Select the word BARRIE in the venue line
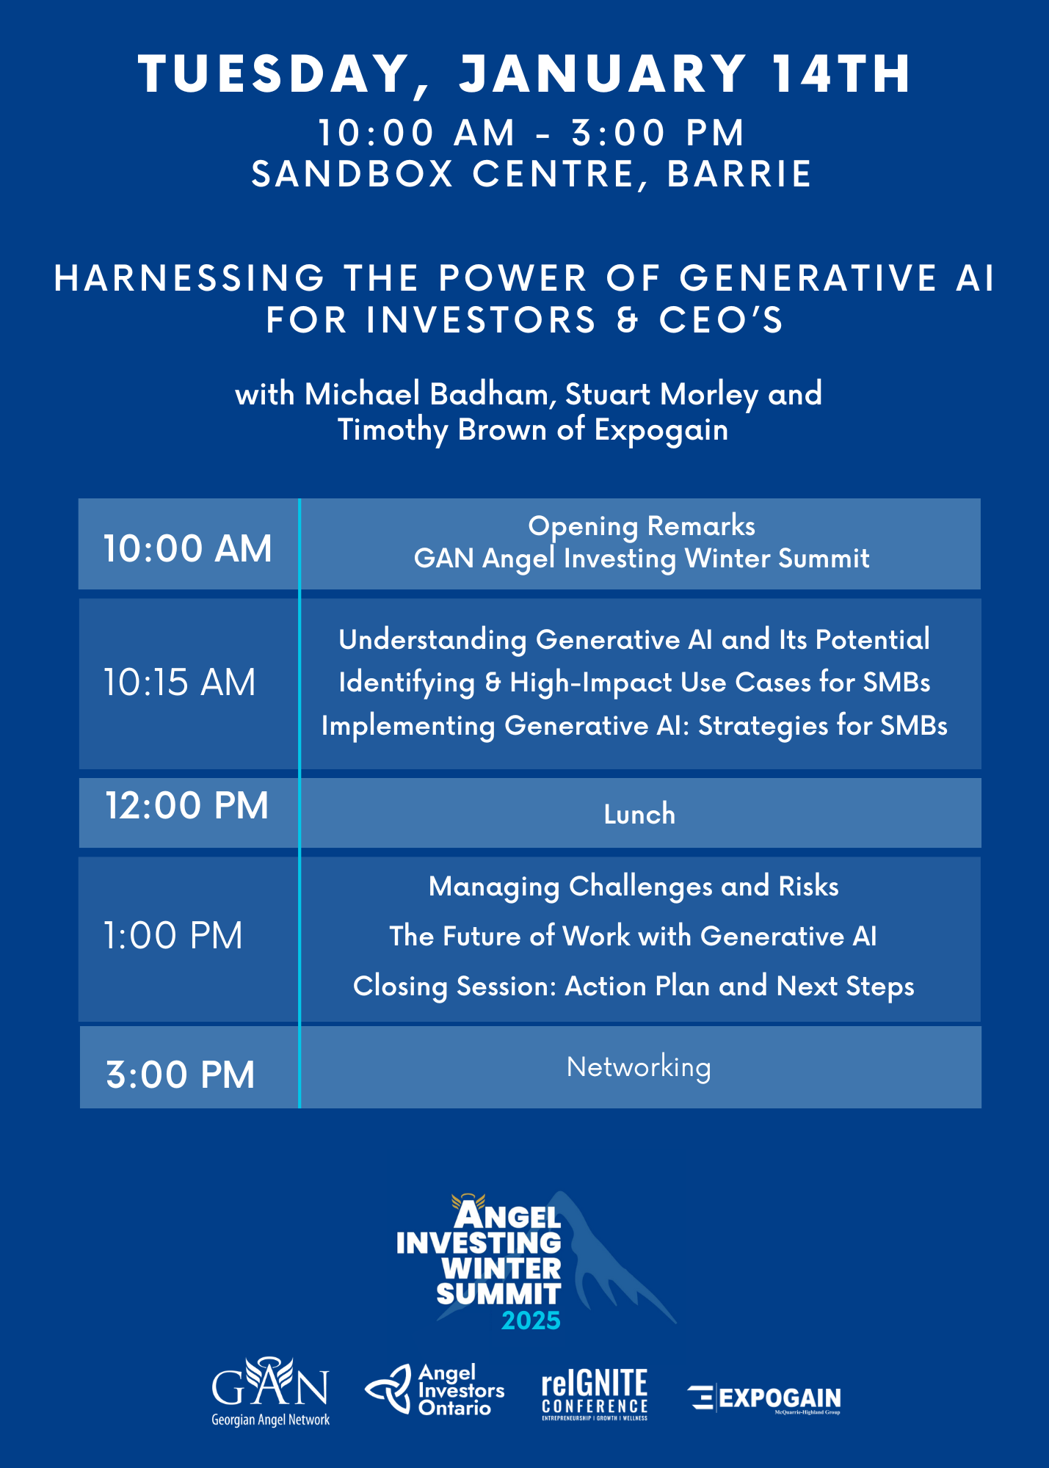pos(739,175)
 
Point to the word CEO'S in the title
pos(722,320)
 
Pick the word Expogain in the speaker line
pos(661,430)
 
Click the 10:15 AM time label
pos(179,683)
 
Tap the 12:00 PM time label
pos(187,806)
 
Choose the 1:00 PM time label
pos(173,936)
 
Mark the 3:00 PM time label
pos(181,1075)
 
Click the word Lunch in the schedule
pos(639,814)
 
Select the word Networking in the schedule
pos(639,1067)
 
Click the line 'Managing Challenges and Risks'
pos(634,887)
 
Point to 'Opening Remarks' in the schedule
pos(642,526)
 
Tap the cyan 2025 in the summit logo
pos(531,1320)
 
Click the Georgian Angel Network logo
pos(270,1392)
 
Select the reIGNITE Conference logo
pos(595,1394)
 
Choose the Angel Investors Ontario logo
pos(435,1389)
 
